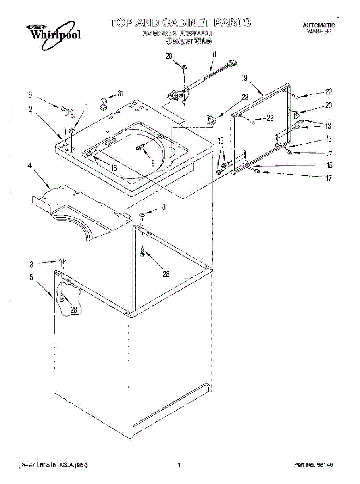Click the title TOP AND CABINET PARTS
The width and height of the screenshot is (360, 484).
point(180,22)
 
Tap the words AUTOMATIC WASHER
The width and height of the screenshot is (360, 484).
point(319,28)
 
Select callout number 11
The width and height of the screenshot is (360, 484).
point(214,54)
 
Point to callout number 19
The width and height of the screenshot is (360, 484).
point(244,79)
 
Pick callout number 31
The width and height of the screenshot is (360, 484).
point(120,94)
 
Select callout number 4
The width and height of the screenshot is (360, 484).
point(30,165)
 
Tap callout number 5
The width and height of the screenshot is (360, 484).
point(31,277)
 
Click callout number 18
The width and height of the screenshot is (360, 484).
point(114,168)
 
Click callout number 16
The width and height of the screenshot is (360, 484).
point(329,139)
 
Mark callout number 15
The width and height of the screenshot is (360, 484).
point(329,165)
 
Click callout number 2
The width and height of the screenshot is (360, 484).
point(31,108)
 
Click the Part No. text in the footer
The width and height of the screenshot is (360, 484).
point(314,465)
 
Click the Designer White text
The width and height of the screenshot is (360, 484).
point(189,41)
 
